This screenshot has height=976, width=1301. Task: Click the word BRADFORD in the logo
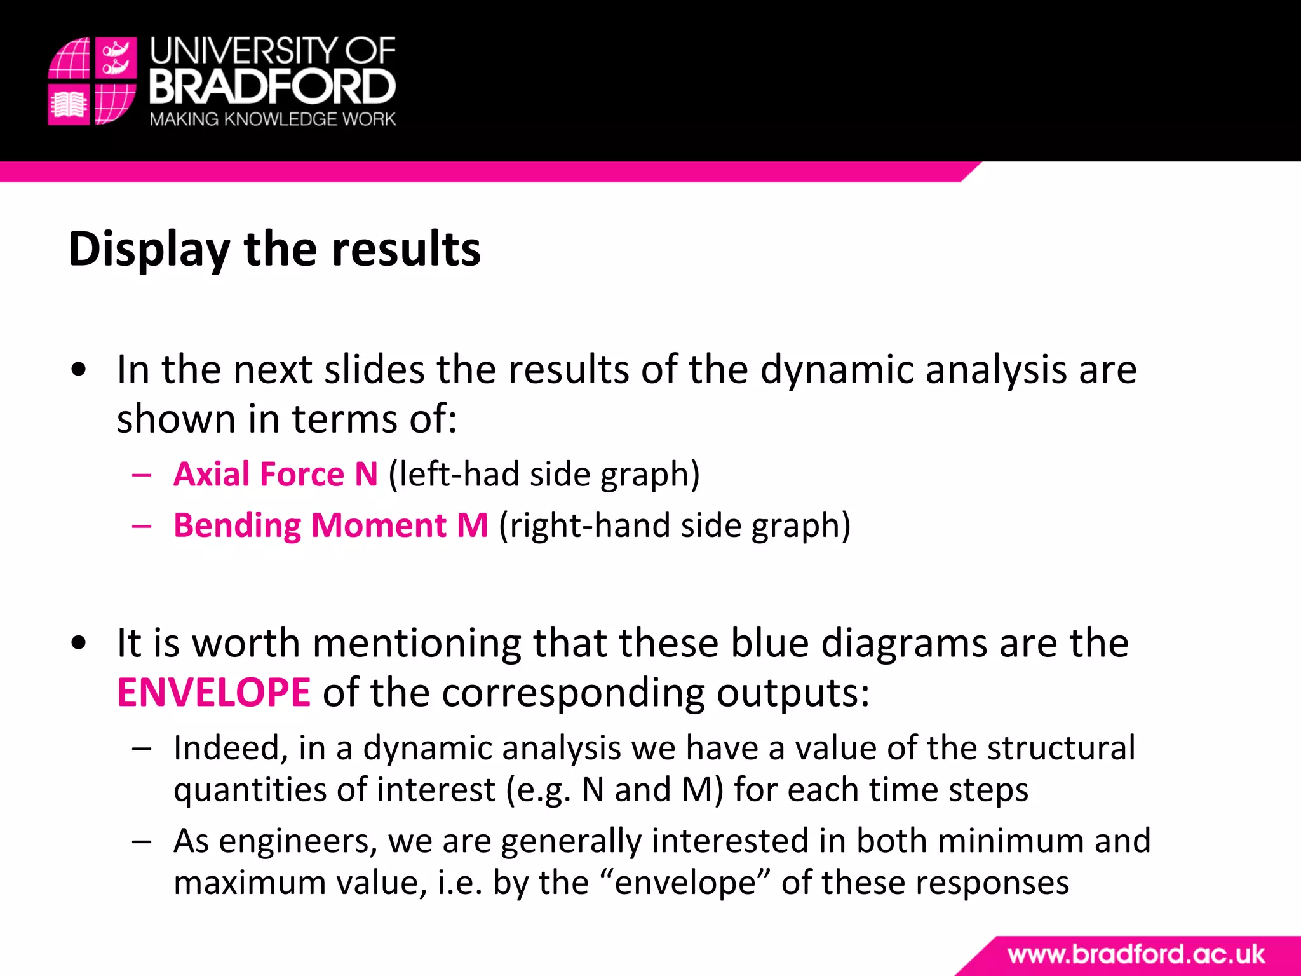(x=273, y=87)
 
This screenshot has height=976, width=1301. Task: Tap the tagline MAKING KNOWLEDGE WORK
(x=273, y=119)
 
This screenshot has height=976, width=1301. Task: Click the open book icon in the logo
(x=69, y=105)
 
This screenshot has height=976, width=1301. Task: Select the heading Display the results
(x=274, y=249)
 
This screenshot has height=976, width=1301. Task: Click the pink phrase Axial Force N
(x=276, y=475)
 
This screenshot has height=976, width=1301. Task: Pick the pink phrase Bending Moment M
(x=331, y=525)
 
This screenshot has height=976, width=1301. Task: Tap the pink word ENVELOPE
(x=214, y=693)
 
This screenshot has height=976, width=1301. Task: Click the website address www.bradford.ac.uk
(x=1136, y=954)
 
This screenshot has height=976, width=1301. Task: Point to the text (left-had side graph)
(x=544, y=475)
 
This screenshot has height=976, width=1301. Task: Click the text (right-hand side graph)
(x=675, y=525)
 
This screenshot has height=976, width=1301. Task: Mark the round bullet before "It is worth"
(x=79, y=643)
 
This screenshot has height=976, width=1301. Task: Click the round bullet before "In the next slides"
(x=79, y=370)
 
